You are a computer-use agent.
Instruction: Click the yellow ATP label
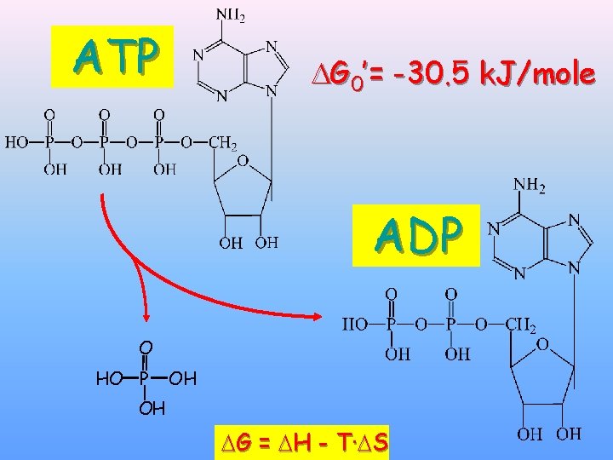pos(116,57)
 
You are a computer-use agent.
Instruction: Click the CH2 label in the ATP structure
pos(222,143)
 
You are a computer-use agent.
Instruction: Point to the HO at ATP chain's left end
pos(18,143)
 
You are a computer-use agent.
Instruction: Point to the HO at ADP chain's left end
pos(354,325)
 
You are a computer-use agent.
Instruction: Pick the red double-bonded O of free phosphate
pos(146,348)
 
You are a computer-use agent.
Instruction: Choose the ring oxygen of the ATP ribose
pos(243,160)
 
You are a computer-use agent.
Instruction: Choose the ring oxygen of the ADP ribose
pos(542,342)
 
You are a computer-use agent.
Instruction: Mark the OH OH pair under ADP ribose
pos(548,434)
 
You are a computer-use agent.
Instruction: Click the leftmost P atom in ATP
pos(49,143)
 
